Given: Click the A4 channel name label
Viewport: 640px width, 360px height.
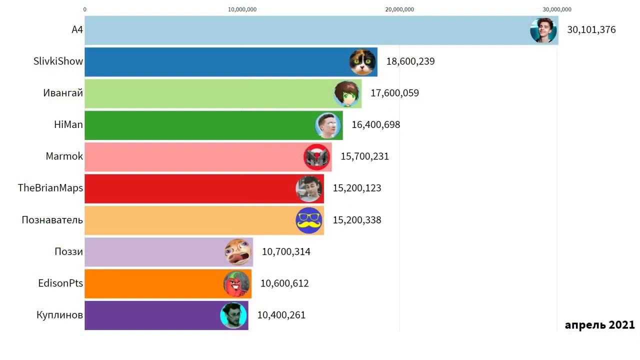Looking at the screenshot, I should [77, 30].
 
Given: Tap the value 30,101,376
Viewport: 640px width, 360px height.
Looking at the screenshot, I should [591, 30].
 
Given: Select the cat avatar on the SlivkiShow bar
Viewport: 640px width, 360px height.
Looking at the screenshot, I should [362, 62].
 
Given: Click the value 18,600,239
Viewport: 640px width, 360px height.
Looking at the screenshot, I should [410, 61].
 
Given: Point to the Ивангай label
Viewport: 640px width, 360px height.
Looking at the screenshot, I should [63, 93].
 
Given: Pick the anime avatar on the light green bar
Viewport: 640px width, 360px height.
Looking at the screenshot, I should [347, 94].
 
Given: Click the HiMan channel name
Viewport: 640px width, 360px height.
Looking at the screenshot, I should [68, 124].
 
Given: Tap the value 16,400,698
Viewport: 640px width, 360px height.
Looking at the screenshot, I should [375, 125].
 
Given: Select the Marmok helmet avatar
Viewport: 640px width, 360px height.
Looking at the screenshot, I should [317, 157].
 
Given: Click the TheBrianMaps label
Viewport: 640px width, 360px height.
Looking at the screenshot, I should [50, 188].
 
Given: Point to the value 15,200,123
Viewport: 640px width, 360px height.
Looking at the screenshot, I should [356, 188].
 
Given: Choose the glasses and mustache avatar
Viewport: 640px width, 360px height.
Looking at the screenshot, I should [308, 220].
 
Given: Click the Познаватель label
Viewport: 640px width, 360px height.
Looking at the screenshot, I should [52, 220].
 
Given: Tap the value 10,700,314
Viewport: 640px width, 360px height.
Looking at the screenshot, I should [286, 252].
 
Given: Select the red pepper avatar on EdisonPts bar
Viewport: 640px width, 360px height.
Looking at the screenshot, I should [236, 283].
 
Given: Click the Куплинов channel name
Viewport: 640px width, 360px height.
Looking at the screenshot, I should [59, 315].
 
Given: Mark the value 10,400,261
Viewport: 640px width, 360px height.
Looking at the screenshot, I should [281, 315].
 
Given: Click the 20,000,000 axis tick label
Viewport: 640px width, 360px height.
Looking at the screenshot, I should [399, 9].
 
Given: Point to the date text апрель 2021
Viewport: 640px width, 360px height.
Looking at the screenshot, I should [599, 325].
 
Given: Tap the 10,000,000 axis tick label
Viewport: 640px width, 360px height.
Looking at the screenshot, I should [242, 9].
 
